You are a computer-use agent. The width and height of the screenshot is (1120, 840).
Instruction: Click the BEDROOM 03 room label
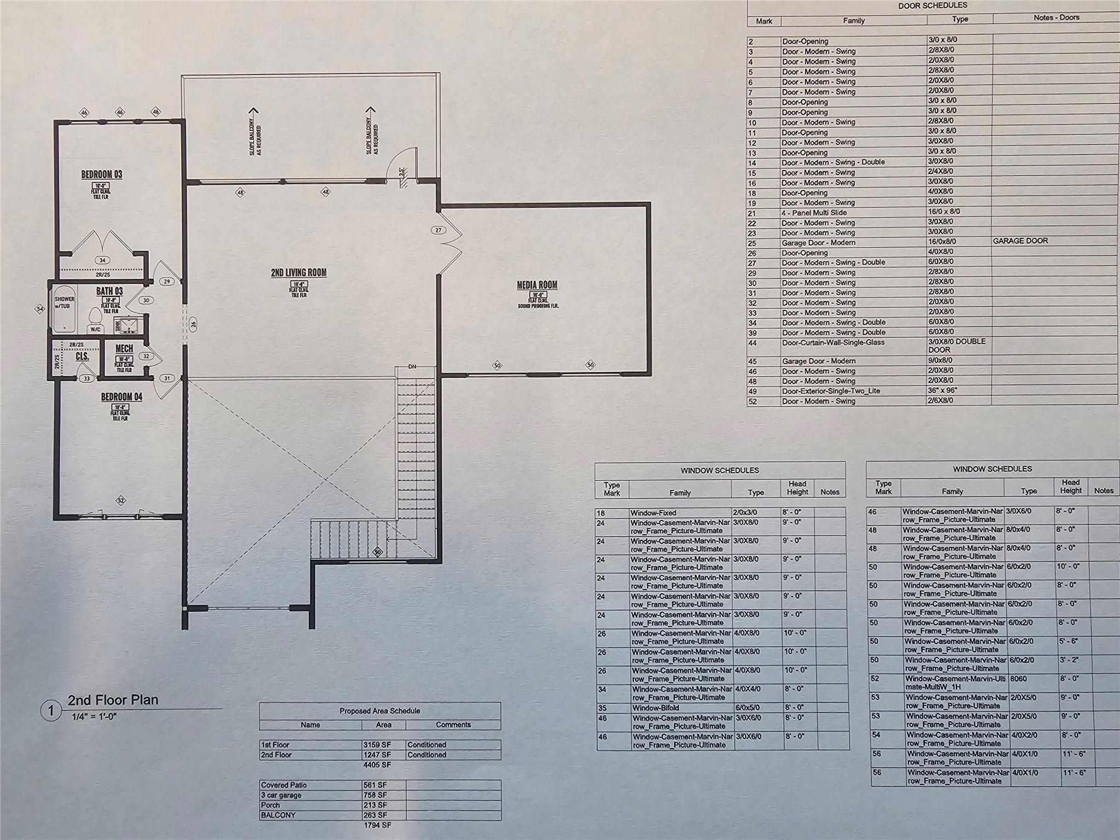(x=102, y=174)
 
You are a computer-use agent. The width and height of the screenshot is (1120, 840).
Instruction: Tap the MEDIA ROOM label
(x=537, y=285)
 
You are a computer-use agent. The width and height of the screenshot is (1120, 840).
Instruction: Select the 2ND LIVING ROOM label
(x=299, y=272)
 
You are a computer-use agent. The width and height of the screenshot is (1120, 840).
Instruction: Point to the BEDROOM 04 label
(x=121, y=396)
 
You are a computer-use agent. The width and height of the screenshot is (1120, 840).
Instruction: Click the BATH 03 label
(x=109, y=291)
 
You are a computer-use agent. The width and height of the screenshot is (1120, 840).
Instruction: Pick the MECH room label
(x=124, y=348)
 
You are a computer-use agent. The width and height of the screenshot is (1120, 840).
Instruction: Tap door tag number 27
(x=438, y=230)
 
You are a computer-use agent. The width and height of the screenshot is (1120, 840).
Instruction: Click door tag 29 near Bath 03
(x=167, y=282)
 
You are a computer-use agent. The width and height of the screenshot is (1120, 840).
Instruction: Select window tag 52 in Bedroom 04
(x=121, y=500)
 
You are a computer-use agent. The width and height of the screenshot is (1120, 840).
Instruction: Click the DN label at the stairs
(x=412, y=367)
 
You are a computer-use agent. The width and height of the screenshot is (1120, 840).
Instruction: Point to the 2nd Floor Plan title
(x=113, y=700)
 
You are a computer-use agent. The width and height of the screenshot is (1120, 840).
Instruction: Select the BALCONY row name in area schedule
(x=278, y=815)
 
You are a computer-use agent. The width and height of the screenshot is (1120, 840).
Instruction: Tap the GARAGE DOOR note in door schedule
(x=1020, y=241)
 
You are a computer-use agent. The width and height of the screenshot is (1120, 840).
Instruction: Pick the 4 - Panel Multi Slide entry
(x=814, y=213)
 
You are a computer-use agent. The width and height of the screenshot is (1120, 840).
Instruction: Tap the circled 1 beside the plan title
(x=51, y=711)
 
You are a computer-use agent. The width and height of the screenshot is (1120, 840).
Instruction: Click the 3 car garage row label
(x=281, y=795)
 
